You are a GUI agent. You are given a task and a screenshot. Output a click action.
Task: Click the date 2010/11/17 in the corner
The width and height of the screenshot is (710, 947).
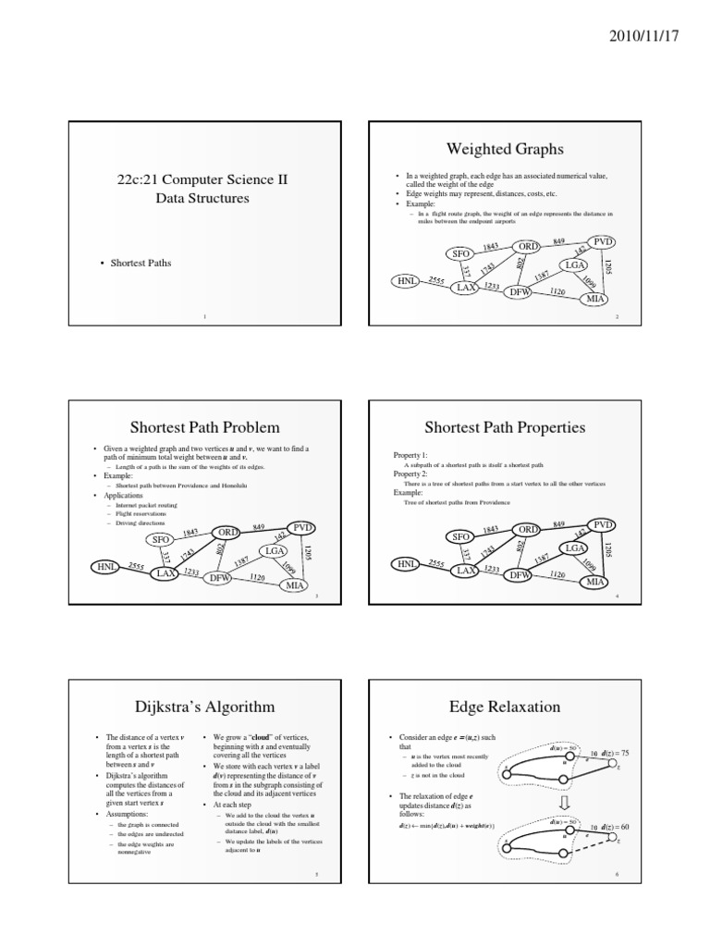coord(643,34)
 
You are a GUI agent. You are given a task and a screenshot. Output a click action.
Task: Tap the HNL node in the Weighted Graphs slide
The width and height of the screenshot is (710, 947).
coord(404,279)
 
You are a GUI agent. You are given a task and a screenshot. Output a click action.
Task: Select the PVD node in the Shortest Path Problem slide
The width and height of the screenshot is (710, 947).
coord(303,527)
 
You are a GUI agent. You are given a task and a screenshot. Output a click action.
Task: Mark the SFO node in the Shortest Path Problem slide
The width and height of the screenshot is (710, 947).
coord(158,539)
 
